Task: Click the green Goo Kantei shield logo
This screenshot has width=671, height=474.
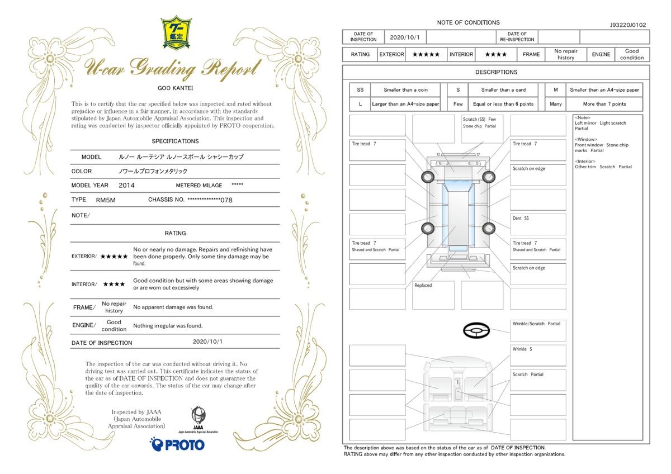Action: point(176,32)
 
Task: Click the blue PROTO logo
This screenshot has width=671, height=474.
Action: point(177,444)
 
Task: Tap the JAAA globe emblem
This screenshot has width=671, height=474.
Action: point(199,415)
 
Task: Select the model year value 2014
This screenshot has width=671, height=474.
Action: point(126,186)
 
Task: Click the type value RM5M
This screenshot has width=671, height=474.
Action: point(106,200)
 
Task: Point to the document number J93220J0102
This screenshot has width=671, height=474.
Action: point(628,25)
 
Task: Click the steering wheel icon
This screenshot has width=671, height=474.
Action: point(476,330)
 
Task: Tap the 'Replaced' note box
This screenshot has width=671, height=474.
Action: point(433,295)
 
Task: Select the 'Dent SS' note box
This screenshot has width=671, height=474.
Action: point(538,224)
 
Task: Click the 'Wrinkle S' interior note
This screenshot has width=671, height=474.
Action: point(538,355)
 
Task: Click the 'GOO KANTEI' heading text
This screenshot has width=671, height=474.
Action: point(175,88)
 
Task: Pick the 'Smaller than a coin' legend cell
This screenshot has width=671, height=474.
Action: point(405,90)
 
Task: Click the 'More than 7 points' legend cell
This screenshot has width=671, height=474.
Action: point(604,104)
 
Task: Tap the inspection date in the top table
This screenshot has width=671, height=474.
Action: point(405,37)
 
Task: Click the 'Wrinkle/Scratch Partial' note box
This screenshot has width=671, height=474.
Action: point(538,330)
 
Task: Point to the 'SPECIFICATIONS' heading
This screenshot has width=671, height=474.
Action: point(175,141)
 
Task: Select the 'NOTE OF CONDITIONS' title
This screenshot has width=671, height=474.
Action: point(468,22)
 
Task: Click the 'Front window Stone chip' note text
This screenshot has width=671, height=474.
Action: point(602,145)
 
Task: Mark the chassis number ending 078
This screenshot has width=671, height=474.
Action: point(210,200)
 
